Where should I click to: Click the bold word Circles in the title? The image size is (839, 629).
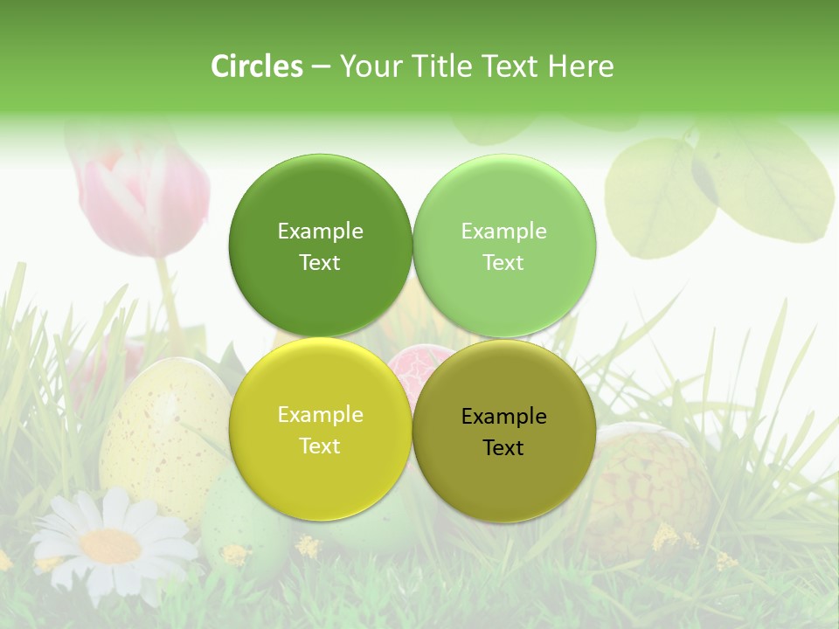point(256,66)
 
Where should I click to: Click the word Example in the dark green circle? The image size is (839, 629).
point(320,232)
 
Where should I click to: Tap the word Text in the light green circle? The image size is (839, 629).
point(503,263)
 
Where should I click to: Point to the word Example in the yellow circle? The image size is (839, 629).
point(320,415)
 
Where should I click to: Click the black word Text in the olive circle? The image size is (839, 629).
point(503,448)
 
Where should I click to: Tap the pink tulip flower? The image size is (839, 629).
point(144,197)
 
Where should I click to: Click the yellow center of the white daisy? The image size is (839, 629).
point(109,546)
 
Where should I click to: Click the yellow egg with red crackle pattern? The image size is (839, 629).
point(651,480)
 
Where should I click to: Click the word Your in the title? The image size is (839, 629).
point(367,66)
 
